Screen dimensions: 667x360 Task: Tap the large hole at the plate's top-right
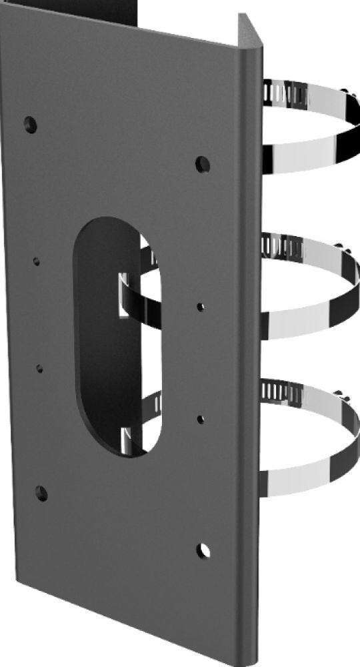coord(203,163)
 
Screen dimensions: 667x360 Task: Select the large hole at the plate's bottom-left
coord(41,494)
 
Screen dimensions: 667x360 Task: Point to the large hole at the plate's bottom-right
coord(204,550)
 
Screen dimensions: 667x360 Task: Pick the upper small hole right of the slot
coord(201,307)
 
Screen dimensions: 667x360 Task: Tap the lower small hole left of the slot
coord(40,368)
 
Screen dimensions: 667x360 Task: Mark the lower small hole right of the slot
coord(201,420)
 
